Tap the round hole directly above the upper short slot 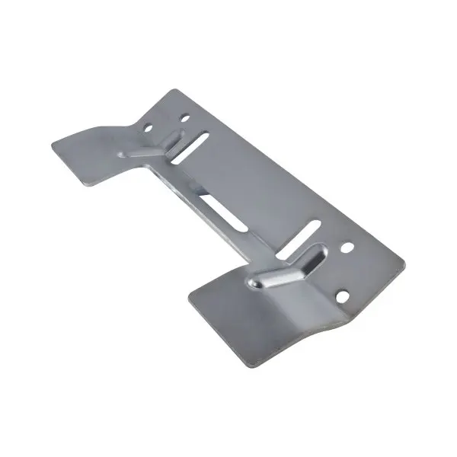[x=184, y=119]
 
